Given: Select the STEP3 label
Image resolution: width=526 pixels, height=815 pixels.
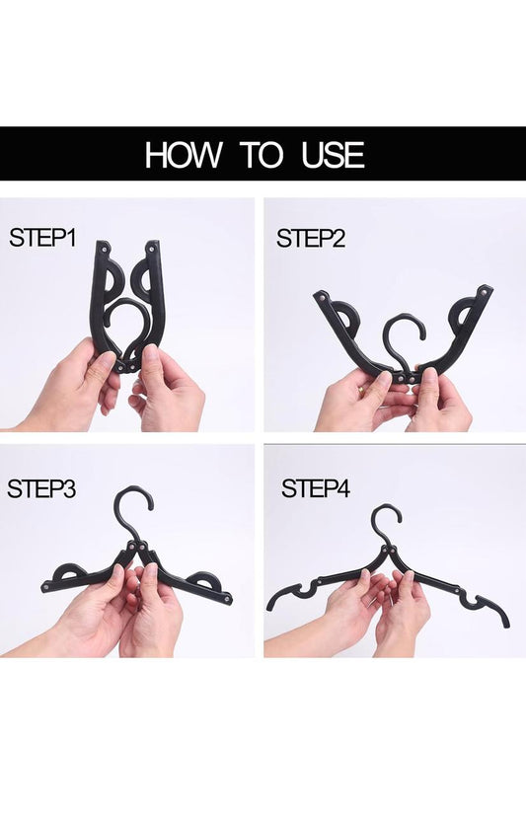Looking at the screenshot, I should coord(41,488).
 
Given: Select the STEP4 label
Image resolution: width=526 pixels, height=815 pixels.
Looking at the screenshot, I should coord(316,488).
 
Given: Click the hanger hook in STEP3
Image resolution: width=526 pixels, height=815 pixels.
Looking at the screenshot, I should coord(133,508).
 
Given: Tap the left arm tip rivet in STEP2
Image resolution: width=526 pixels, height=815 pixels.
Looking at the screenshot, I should coord(322,295).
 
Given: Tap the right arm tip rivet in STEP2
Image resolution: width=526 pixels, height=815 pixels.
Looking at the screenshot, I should coord(485,292).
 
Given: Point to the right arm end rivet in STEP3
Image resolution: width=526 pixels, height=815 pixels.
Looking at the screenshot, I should coord(226,598).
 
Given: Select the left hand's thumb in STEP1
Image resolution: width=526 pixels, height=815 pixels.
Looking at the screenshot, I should coord(99,367).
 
